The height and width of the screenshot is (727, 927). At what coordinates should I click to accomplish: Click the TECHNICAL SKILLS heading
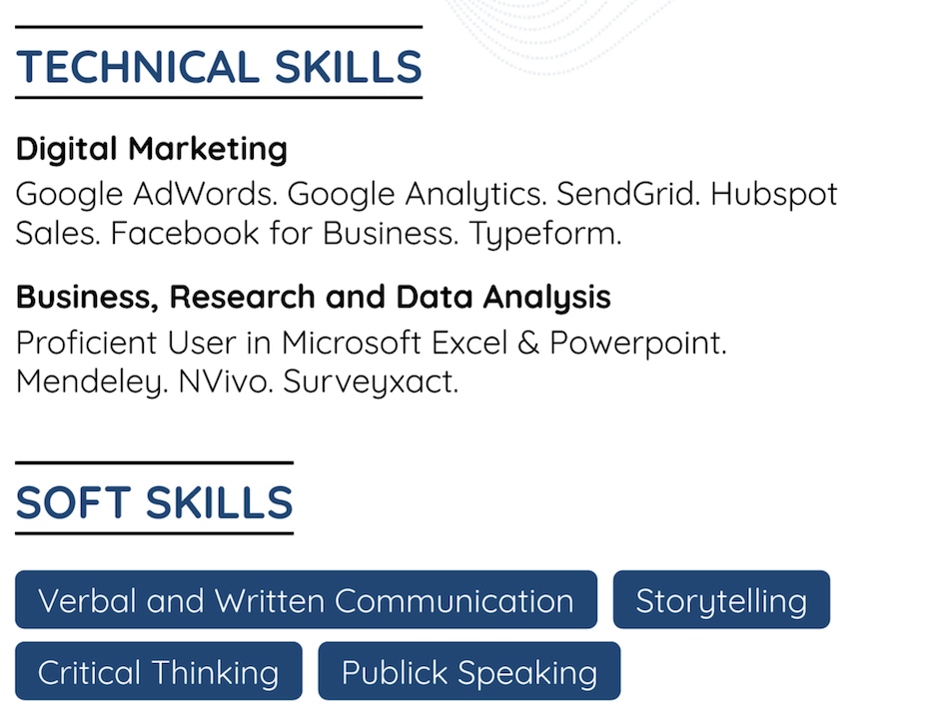(219, 67)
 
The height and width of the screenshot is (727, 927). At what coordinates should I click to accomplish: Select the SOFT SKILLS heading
(154, 502)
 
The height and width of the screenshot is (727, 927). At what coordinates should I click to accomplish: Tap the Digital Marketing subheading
(152, 149)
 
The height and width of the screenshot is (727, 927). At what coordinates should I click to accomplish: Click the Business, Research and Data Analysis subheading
(314, 297)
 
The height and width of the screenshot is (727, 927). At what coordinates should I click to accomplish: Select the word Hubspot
(773, 193)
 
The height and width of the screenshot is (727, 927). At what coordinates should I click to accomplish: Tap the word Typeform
(545, 235)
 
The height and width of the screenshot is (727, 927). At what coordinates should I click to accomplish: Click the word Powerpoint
(637, 343)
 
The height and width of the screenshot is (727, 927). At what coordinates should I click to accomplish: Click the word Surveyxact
(371, 382)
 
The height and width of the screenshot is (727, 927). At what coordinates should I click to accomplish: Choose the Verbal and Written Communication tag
(306, 600)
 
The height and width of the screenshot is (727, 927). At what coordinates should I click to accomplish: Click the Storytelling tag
(721, 600)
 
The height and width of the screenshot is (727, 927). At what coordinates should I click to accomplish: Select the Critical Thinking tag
(158, 672)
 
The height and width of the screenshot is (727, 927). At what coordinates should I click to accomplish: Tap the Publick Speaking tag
(468, 672)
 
